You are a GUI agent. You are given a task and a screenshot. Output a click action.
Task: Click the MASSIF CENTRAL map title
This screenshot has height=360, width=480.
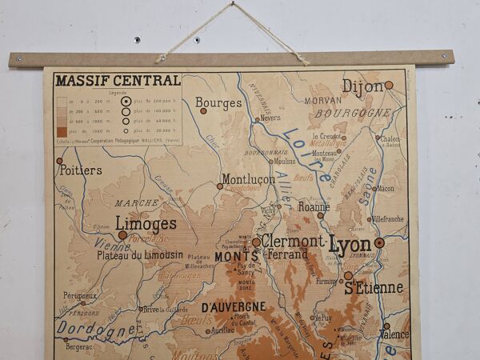(117, 80)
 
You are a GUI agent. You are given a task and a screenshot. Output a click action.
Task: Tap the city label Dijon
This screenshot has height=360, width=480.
(362, 86)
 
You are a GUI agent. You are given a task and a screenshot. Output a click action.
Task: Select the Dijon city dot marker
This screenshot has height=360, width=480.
(389, 85)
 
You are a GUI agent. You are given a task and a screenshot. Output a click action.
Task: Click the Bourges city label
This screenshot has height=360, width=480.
(218, 103)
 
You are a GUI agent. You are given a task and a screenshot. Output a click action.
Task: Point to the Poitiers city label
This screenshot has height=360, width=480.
(80, 170)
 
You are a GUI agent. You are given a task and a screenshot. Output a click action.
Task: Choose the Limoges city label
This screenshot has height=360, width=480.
(146, 223)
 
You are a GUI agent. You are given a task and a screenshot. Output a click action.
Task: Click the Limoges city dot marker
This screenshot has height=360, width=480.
(122, 236)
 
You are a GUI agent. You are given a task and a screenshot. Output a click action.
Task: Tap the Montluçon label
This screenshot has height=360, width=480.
(248, 180)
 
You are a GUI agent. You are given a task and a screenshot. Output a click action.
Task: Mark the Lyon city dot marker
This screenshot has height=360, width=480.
(379, 242)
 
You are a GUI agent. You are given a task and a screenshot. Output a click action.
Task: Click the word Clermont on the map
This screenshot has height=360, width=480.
(293, 241)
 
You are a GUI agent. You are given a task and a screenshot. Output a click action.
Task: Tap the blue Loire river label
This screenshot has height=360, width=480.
(309, 156)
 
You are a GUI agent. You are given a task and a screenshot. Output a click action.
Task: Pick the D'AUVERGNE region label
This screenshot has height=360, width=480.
(234, 307)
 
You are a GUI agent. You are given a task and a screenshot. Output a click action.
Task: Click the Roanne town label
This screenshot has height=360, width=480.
(314, 206)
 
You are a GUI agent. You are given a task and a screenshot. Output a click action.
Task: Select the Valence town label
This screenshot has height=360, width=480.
(393, 335)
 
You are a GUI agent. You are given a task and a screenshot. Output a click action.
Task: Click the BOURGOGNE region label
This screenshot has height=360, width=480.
(352, 114)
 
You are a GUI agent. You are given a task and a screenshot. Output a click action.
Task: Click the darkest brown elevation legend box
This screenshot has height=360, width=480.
(62, 131)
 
